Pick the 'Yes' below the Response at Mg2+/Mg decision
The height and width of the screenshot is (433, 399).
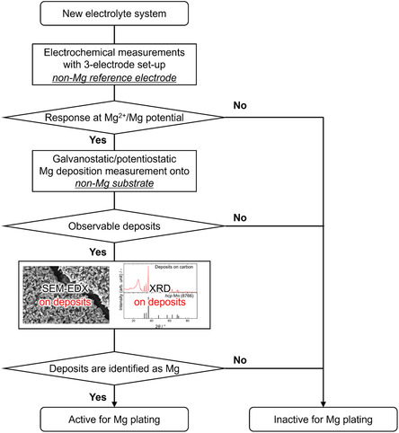pos(100,142)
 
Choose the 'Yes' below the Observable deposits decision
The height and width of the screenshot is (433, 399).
pos(100,254)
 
